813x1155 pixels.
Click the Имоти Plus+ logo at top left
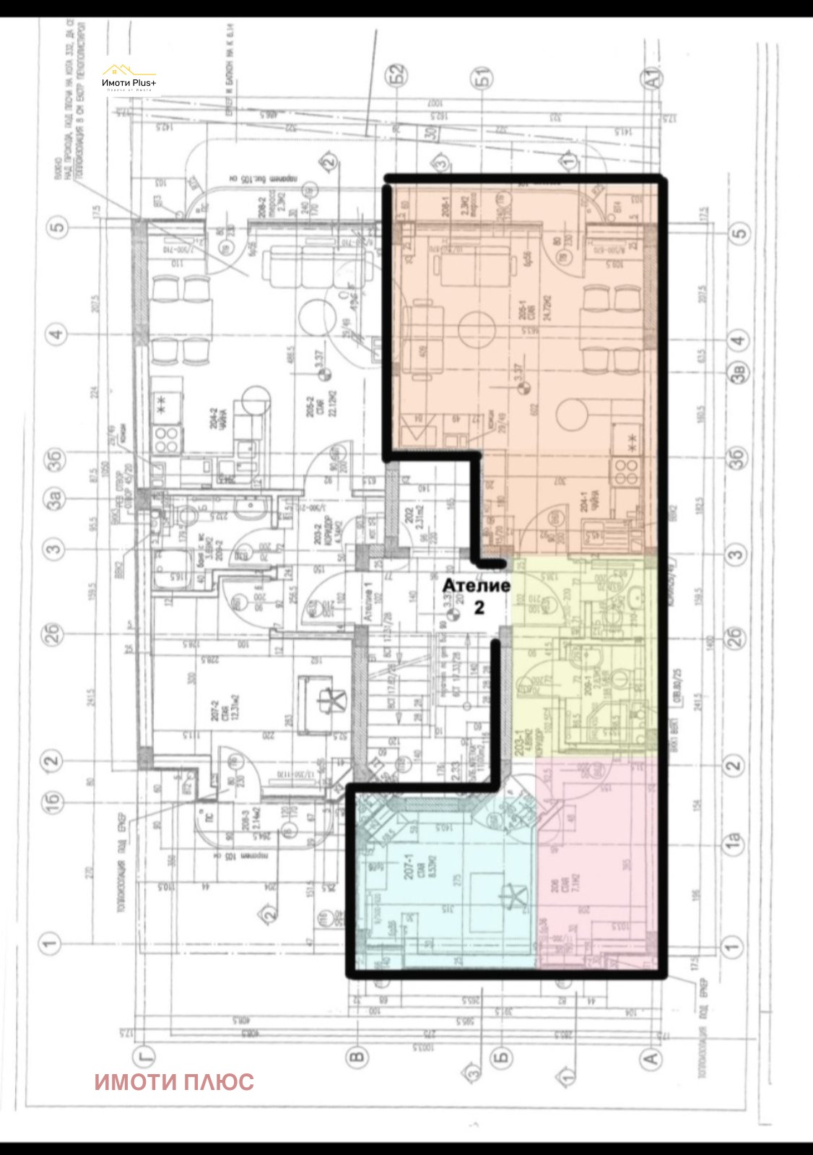pos(129,77)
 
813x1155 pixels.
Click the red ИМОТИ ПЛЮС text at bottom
pos(174,1081)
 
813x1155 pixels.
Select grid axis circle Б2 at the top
pos(396,74)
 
